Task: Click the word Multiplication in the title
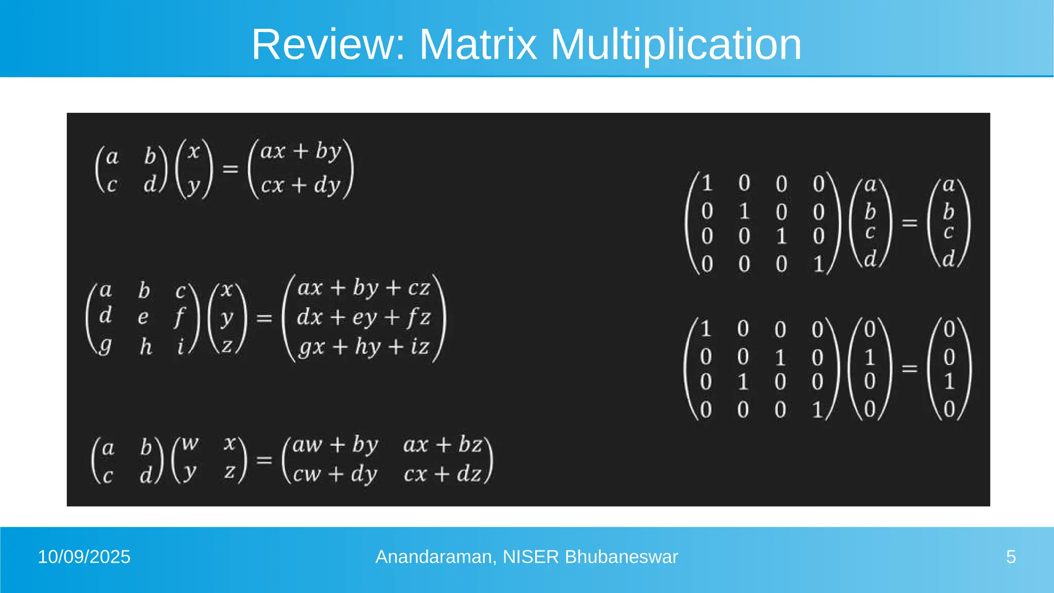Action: pos(676,45)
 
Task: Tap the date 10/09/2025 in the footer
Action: pos(84,557)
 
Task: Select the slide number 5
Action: pos(1011,557)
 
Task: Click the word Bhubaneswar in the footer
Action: pos(621,557)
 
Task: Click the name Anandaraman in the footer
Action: pos(435,557)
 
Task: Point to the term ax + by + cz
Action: pos(363,288)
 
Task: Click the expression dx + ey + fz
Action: pos(363,318)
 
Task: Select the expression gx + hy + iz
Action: pos(363,347)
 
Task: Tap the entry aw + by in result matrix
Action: pos(335,445)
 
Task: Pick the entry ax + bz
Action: pos(443,445)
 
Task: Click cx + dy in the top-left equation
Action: pos(301,185)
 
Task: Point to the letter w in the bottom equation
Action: pos(190,444)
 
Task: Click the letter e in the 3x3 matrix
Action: pos(143,318)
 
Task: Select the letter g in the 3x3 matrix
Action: pos(106,346)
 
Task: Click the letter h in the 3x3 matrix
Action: pos(146,346)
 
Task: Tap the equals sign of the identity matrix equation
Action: pos(909,223)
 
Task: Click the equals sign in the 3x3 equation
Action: pos(264,318)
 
